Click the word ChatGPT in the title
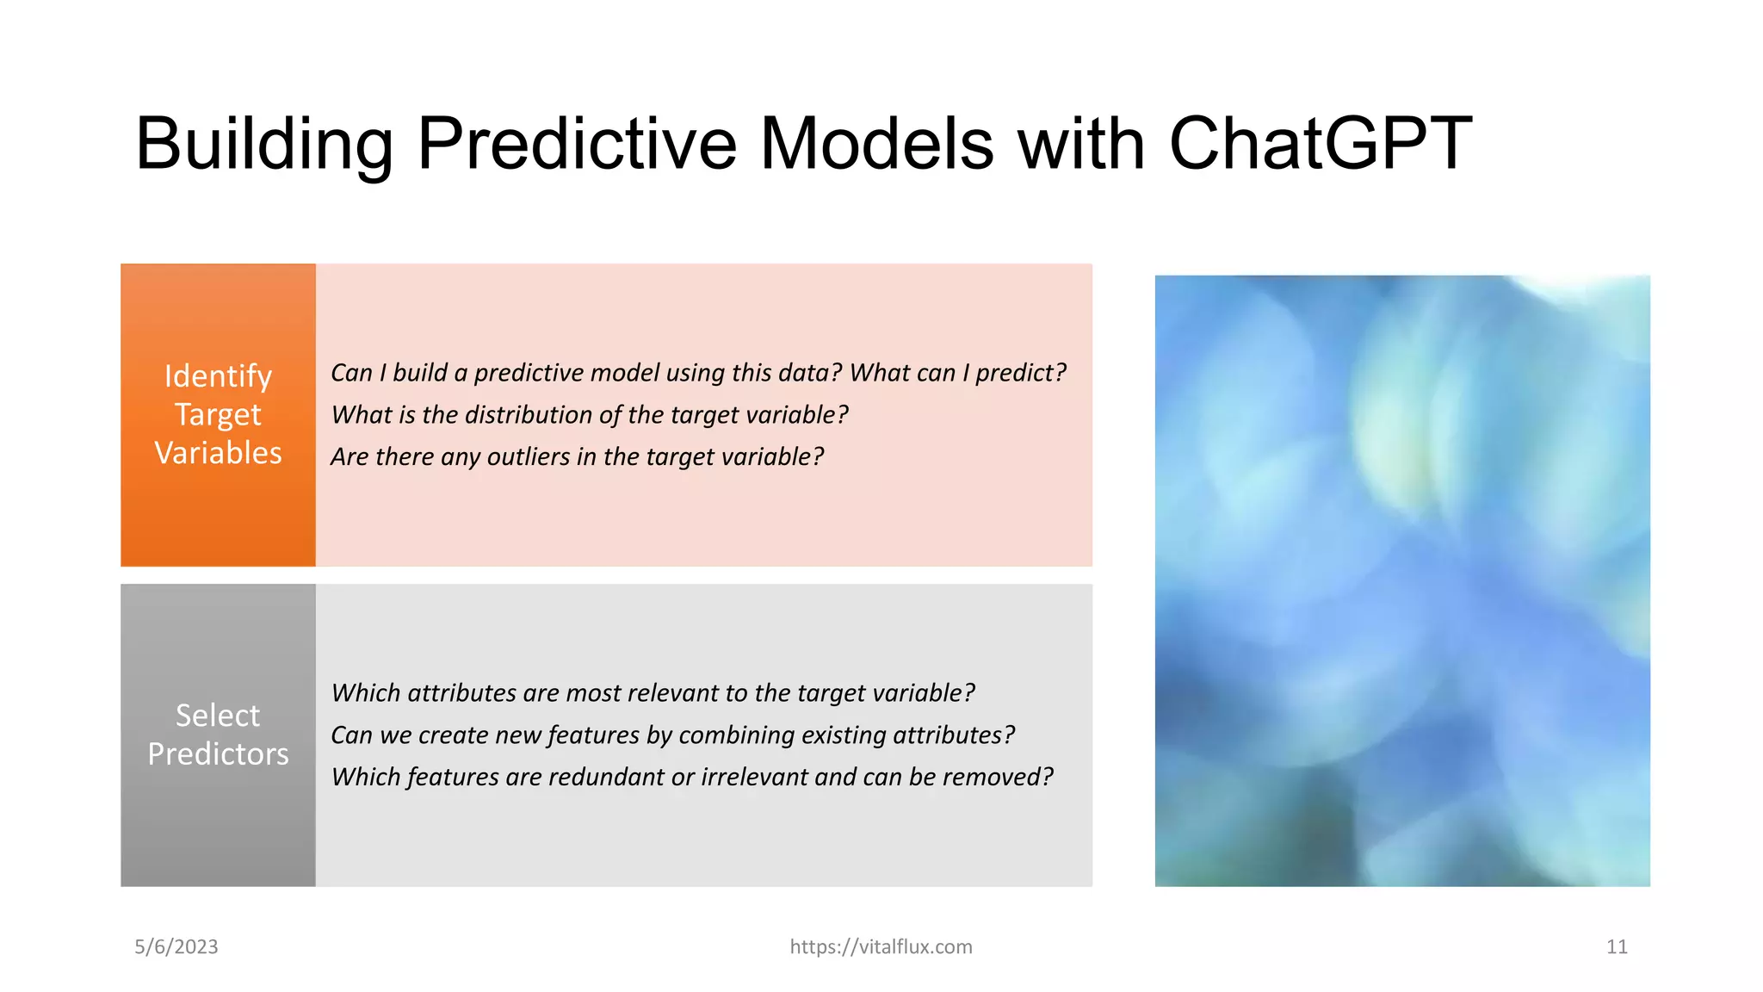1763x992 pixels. (x=1320, y=144)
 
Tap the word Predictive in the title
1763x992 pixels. (x=577, y=144)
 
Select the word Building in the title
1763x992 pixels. (x=264, y=144)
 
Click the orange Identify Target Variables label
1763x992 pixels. (x=218, y=414)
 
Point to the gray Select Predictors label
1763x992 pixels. (x=218, y=735)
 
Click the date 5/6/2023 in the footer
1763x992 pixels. (x=176, y=946)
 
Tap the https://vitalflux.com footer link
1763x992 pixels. (x=881, y=946)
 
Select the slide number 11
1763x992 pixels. (x=1617, y=946)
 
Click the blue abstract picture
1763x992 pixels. (x=1401, y=580)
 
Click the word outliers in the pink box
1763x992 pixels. (x=528, y=456)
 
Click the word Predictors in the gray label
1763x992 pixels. (x=218, y=754)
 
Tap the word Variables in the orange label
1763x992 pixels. (x=218, y=453)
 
